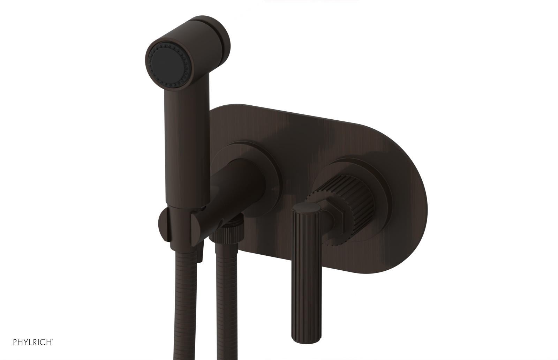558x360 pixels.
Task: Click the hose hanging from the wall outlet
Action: point(226,307)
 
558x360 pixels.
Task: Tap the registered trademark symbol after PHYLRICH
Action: point(52,339)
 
